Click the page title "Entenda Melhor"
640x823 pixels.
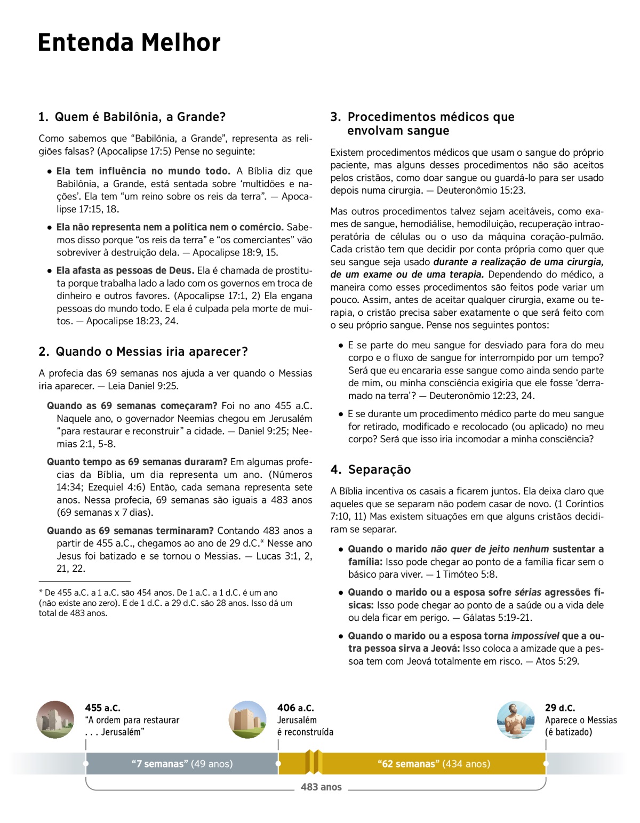tap(129, 43)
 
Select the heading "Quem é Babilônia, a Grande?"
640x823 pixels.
tap(140, 117)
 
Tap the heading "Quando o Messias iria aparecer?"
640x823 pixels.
tap(151, 351)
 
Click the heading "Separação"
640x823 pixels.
tap(379, 469)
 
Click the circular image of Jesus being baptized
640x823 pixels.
tap(515, 720)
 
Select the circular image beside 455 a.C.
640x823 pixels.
tap(55, 720)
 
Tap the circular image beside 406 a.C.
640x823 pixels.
tap(247, 720)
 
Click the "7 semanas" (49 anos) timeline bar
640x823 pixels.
tap(182, 764)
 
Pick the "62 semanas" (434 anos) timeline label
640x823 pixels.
tap(434, 764)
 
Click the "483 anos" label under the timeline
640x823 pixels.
tap(321, 787)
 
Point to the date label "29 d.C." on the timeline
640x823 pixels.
tap(560, 708)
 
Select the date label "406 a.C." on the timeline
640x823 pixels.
tap(295, 708)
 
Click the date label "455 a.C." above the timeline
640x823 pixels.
tap(102, 708)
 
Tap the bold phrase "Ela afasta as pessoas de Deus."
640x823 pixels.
tap(126, 270)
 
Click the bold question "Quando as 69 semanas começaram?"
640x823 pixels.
tap(132, 406)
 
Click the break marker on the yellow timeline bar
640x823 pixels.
tap(314, 762)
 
